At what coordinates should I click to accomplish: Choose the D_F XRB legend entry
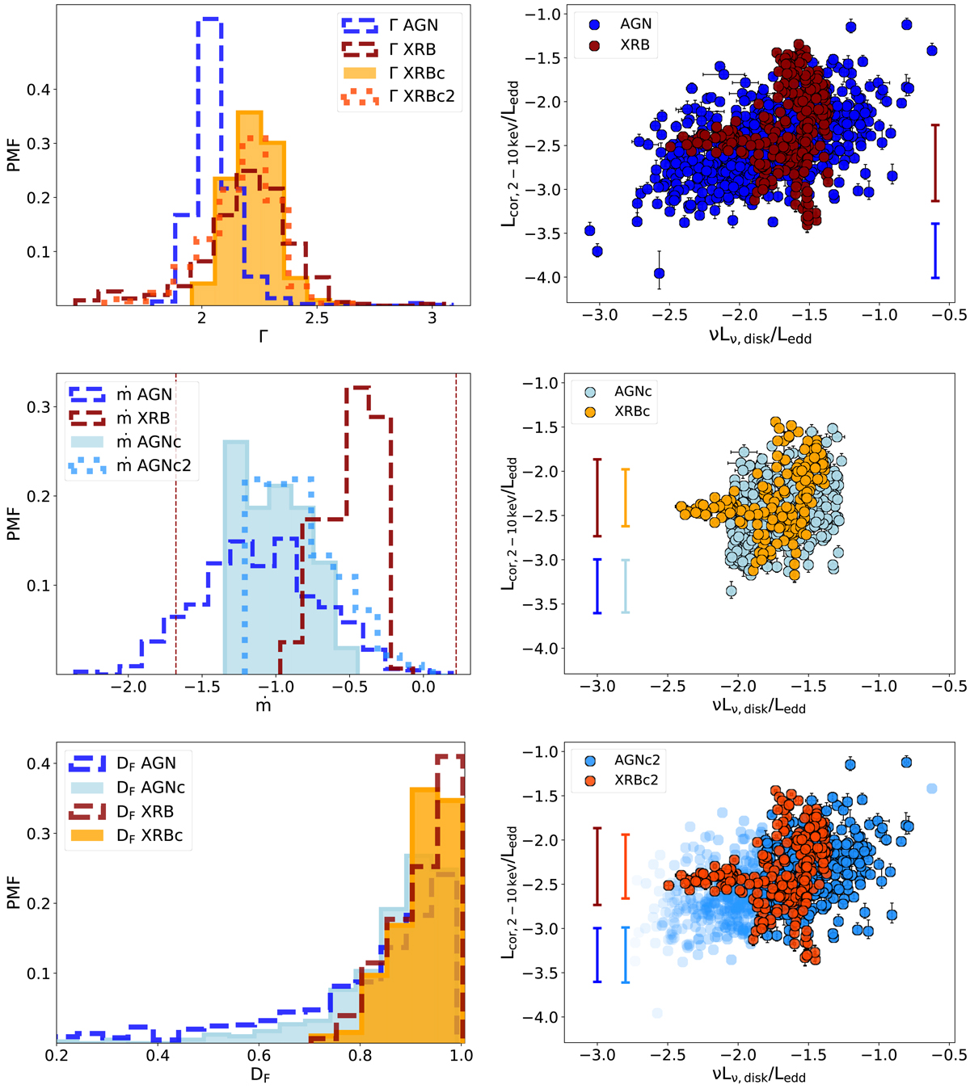pos(145,811)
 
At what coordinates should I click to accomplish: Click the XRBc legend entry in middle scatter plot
pos(632,411)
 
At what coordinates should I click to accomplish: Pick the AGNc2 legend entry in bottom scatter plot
pos(638,760)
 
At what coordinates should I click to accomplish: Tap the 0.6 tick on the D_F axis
pos(259,1055)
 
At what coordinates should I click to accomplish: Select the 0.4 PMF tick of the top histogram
pos(38,90)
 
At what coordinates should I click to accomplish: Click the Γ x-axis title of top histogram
pos(263,336)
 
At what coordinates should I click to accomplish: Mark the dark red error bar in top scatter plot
pos(935,162)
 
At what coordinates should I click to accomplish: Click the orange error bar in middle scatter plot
pos(625,498)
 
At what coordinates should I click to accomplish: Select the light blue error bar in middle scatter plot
pos(625,586)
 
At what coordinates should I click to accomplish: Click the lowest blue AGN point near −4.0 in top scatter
pos(659,273)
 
